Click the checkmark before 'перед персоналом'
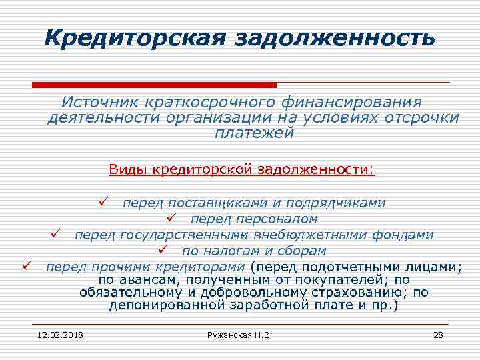[171, 218]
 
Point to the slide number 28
[438, 334]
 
